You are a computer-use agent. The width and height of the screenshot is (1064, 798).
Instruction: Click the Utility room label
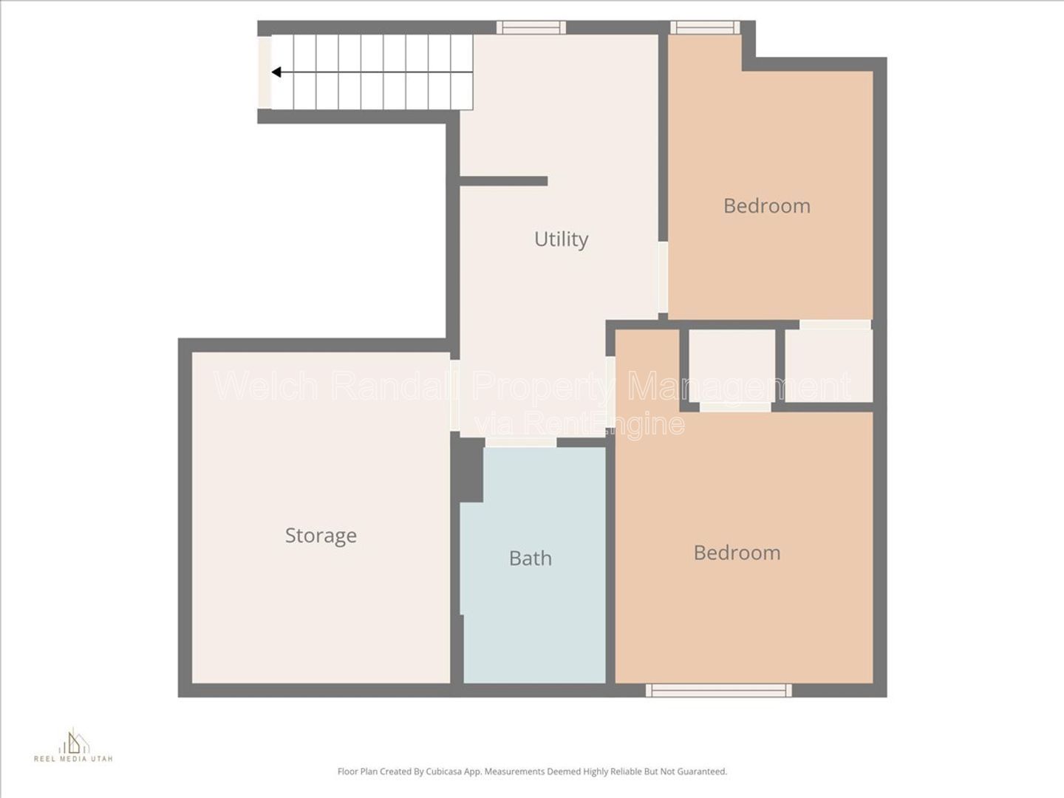[x=562, y=239]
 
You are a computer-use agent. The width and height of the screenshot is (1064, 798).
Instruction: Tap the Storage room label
[x=321, y=536]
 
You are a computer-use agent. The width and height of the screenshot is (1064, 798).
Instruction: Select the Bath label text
[x=531, y=558]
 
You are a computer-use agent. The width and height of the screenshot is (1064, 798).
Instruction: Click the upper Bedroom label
[x=767, y=206]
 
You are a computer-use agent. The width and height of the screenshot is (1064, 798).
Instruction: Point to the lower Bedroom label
[x=737, y=553]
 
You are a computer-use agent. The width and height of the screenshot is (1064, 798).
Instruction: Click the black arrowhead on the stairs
[x=276, y=72]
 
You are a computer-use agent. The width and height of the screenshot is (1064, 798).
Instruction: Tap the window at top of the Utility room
[x=531, y=27]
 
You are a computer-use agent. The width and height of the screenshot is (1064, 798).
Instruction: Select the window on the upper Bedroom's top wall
[x=706, y=27]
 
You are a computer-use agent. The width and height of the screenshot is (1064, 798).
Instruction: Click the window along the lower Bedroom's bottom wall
[x=718, y=690]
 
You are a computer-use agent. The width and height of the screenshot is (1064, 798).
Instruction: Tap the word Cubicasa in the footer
[x=443, y=771]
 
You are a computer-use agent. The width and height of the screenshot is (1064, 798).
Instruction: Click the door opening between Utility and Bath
[x=521, y=443]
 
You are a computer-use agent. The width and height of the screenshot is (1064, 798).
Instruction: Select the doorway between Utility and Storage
[x=454, y=395]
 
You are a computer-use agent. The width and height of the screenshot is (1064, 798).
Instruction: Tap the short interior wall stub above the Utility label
[x=504, y=181]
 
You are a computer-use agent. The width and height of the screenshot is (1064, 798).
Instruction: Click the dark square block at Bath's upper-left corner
[x=468, y=469]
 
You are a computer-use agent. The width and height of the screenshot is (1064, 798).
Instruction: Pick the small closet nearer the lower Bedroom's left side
[x=732, y=366]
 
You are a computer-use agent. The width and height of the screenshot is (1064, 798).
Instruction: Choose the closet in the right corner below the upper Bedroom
[x=828, y=366]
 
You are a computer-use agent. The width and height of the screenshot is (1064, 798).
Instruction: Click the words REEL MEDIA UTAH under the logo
[x=73, y=759]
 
